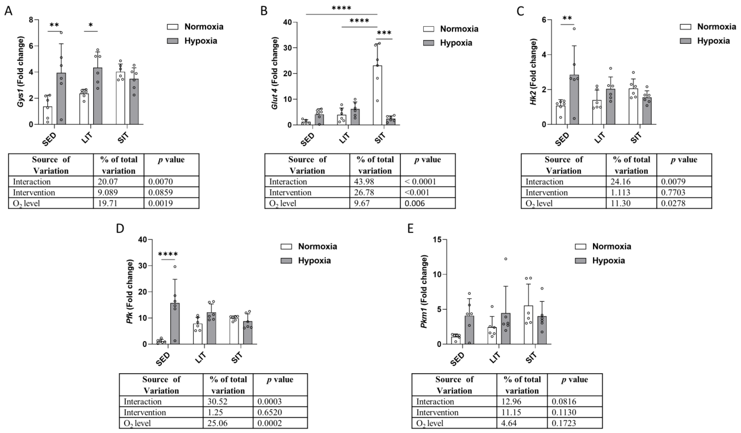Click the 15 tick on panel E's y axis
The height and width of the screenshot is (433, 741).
click(x=438, y=240)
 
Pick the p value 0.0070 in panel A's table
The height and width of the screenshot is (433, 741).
click(x=160, y=182)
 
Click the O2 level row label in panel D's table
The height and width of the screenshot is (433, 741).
click(x=137, y=423)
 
